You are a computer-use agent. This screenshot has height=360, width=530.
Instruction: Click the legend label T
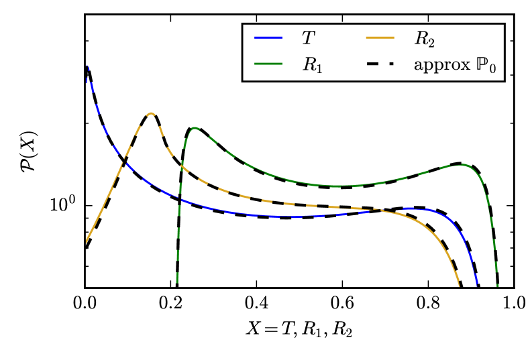307,40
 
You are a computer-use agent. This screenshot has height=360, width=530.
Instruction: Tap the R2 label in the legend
424,40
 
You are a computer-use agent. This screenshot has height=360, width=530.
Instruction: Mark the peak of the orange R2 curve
152,113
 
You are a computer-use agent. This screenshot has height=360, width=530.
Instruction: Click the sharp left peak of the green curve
195,128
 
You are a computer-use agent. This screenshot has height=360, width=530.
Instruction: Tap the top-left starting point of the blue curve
87,66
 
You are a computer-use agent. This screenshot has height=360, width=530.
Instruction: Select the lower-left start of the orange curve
87,242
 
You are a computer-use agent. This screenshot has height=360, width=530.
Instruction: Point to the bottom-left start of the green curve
177,283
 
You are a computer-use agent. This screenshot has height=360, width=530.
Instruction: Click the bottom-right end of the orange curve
459,286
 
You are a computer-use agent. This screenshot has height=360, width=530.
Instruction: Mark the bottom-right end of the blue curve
477,286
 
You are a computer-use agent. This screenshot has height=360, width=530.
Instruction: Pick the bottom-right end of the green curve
497,286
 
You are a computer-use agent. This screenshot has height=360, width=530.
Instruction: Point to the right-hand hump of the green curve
463,165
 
